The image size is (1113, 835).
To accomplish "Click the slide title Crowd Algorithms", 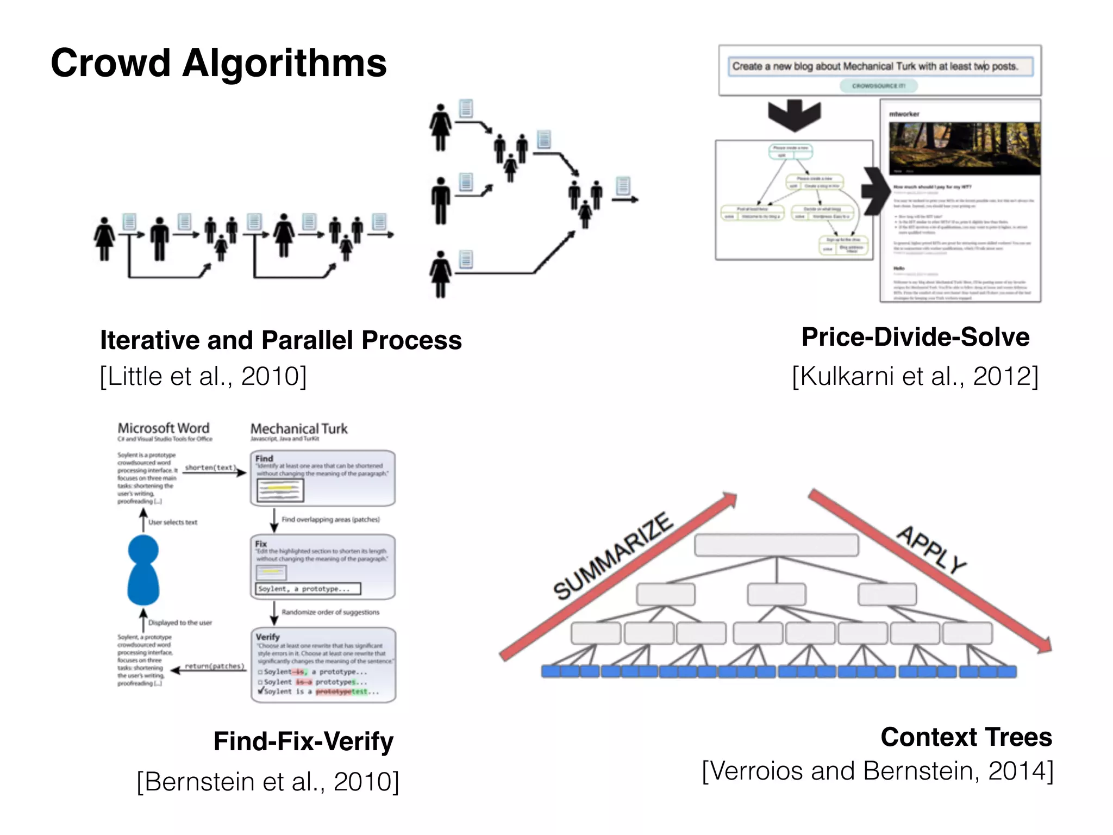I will click(218, 63).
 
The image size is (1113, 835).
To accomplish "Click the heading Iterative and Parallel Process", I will click(280, 340).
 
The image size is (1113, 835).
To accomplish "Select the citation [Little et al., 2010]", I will click(203, 376).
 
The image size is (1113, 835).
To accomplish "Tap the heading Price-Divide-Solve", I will click(915, 337).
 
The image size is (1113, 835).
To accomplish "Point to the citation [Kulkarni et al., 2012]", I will click(915, 376).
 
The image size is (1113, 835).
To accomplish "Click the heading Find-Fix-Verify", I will click(303, 741).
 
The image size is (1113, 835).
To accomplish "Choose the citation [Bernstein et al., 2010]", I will click(268, 782).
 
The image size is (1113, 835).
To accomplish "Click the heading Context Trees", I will click(966, 737).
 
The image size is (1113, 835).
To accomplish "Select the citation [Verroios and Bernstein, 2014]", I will click(877, 771).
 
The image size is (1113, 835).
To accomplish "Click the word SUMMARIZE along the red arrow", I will click(613, 556).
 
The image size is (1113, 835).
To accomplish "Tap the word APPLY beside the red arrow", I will click(931, 549).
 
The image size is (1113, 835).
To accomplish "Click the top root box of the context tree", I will click(776, 545).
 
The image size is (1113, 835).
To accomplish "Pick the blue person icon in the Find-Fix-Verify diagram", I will click(143, 570).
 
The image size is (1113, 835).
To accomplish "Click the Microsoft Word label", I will click(164, 428).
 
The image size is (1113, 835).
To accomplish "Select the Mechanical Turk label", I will click(299, 429).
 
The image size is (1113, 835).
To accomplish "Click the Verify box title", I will click(267, 637).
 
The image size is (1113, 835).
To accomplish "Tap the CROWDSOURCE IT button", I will click(878, 86).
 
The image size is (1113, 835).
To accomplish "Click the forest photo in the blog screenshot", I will click(964, 148).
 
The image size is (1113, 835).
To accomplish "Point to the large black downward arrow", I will click(794, 115).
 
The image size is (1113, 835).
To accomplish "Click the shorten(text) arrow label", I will click(210, 468).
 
